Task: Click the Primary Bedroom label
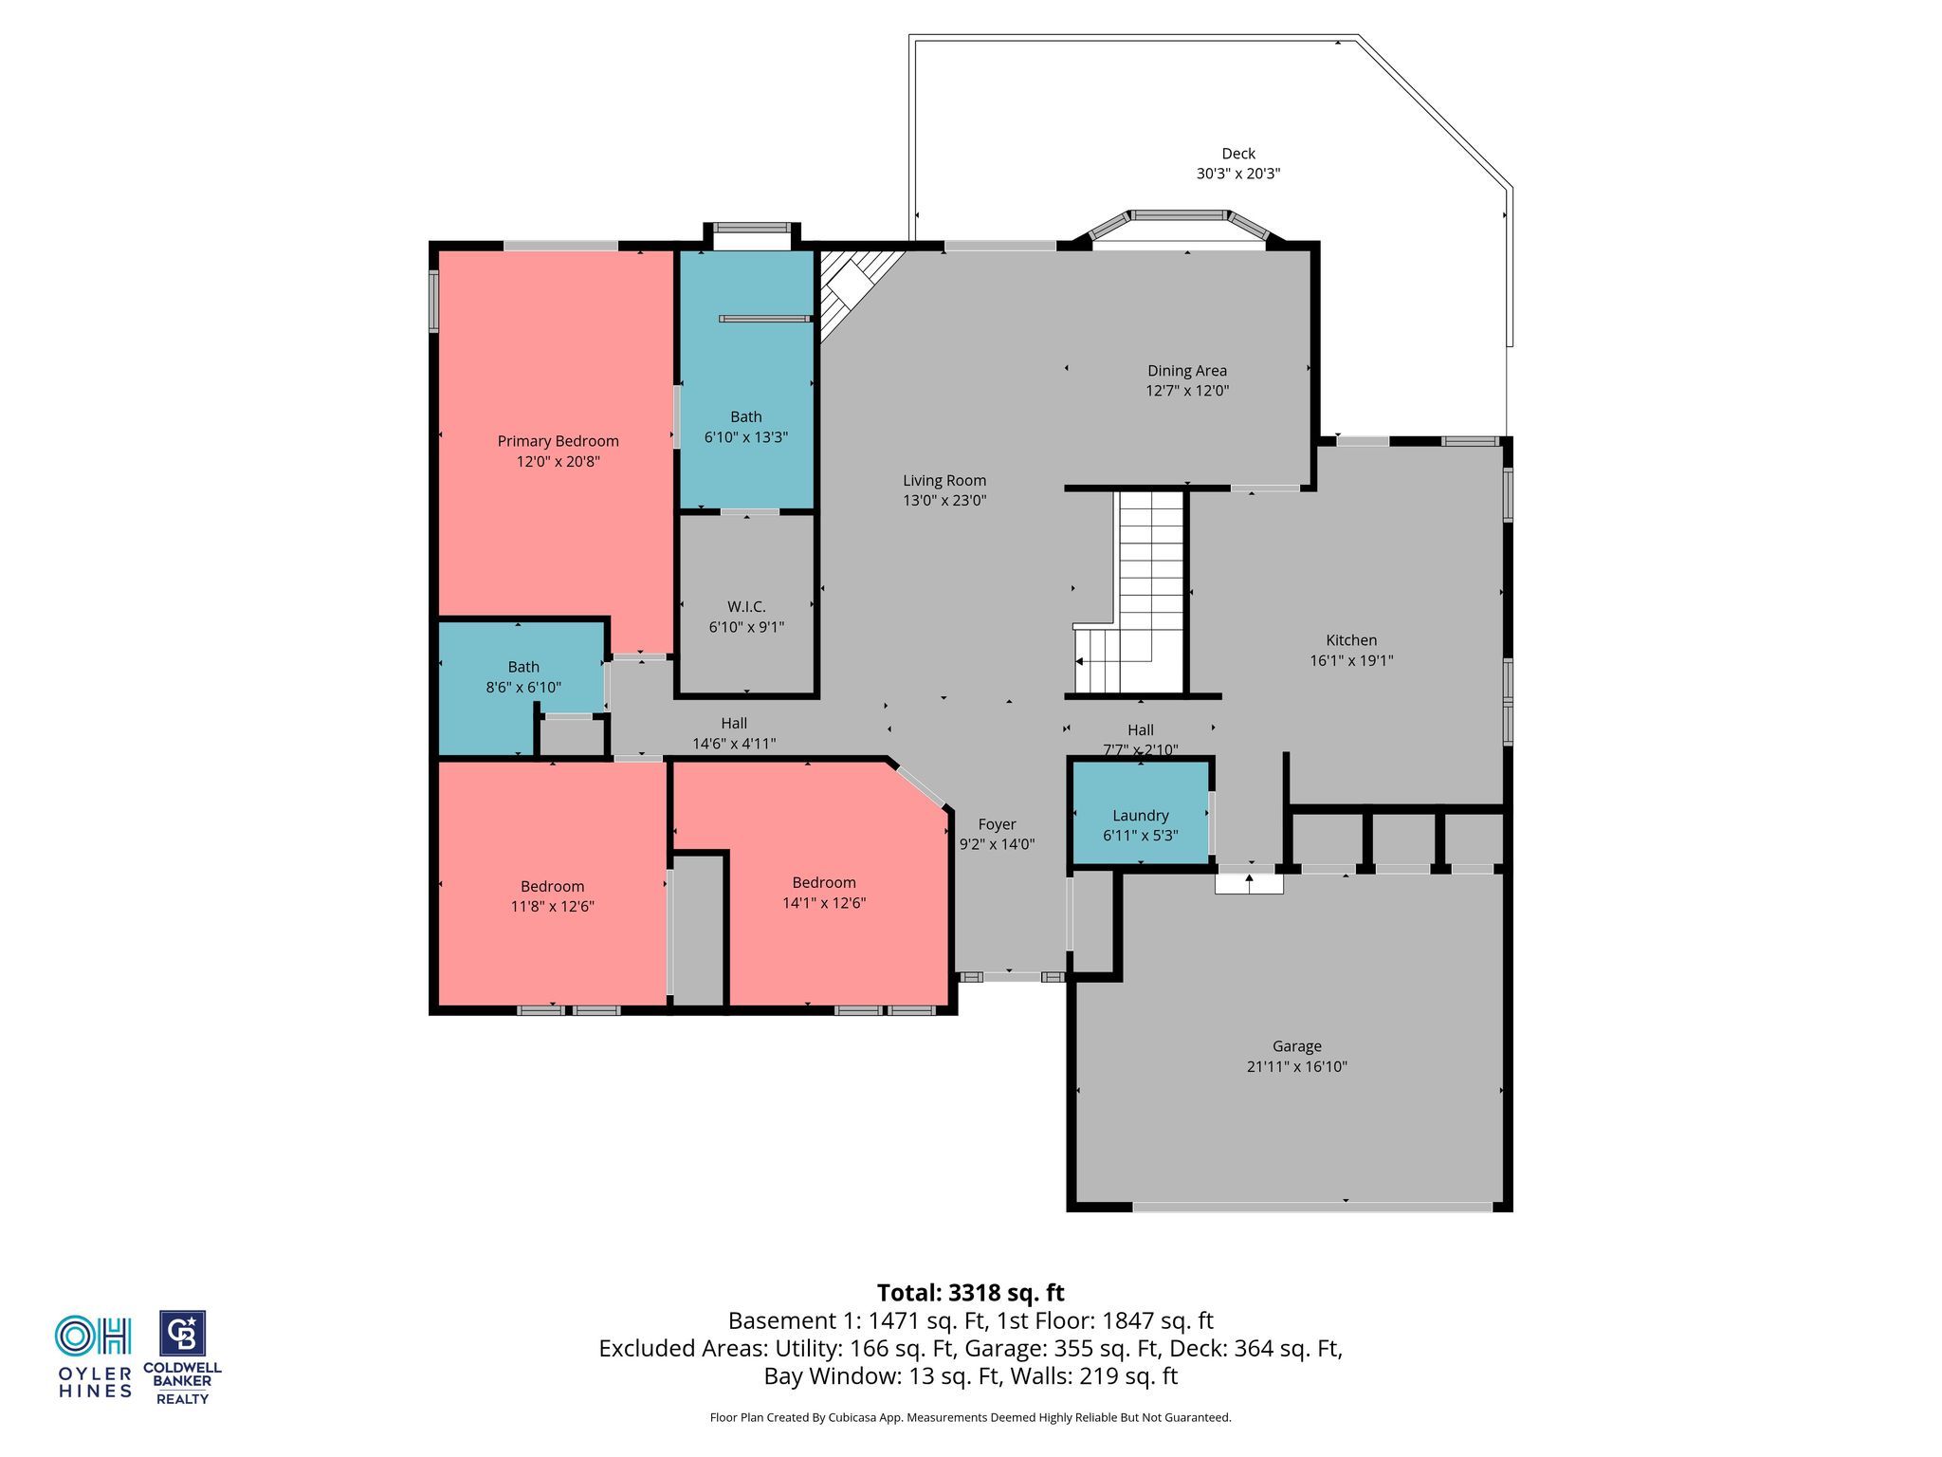click(x=558, y=441)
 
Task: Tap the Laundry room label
click(x=1141, y=816)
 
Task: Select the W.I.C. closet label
click(x=746, y=607)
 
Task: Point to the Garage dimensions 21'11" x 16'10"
click(x=1297, y=1066)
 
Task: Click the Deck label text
click(x=1238, y=154)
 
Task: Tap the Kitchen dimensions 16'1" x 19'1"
click(x=1351, y=660)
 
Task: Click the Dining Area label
click(x=1187, y=371)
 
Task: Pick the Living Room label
click(x=944, y=481)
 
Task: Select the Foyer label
click(x=997, y=824)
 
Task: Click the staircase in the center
click(x=1130, y=592)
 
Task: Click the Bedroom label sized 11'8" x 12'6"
click(x=552, y=887)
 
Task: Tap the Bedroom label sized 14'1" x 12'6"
click(x=824, y=883)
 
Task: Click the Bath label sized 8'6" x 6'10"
click(x=523, y=667)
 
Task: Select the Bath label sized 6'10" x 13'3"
click(x=746, y=416)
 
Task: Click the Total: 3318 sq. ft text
click(x=971, y=1293)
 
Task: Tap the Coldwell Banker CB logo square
click(x=182, y=1335)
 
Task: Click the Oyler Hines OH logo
click(x=93, y=1336)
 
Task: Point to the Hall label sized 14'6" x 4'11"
click(x=734, y=724)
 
